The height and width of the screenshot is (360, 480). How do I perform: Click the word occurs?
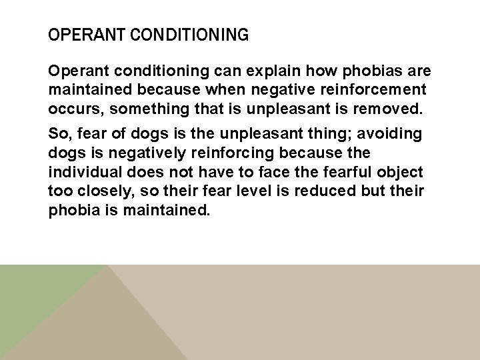pyautogui.click(x=72, y=107)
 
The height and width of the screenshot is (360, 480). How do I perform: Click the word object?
pyautogui.click(x=403, y=172)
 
